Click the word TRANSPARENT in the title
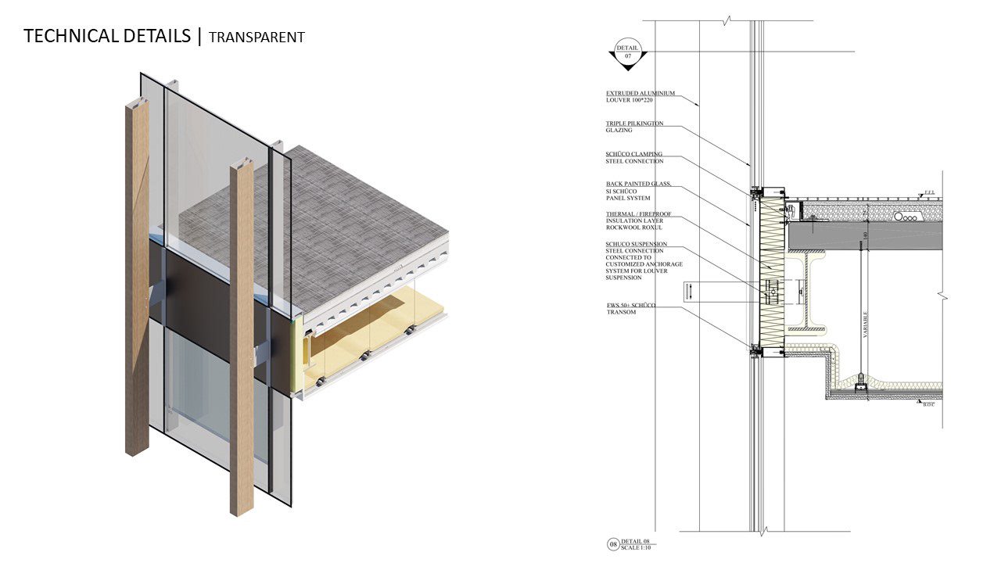click(x=257, y=37)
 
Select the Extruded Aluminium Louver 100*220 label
click(x=640, y=97)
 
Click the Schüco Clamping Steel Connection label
click(x=634, y=157)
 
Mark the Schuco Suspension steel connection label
click(x=644, y=260)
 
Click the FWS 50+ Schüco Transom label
click(x=630, y=308)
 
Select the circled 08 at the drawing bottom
click(x=612, y=544)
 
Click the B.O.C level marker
click(x=928, y=403)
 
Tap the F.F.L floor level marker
click(x=929, y=192)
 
